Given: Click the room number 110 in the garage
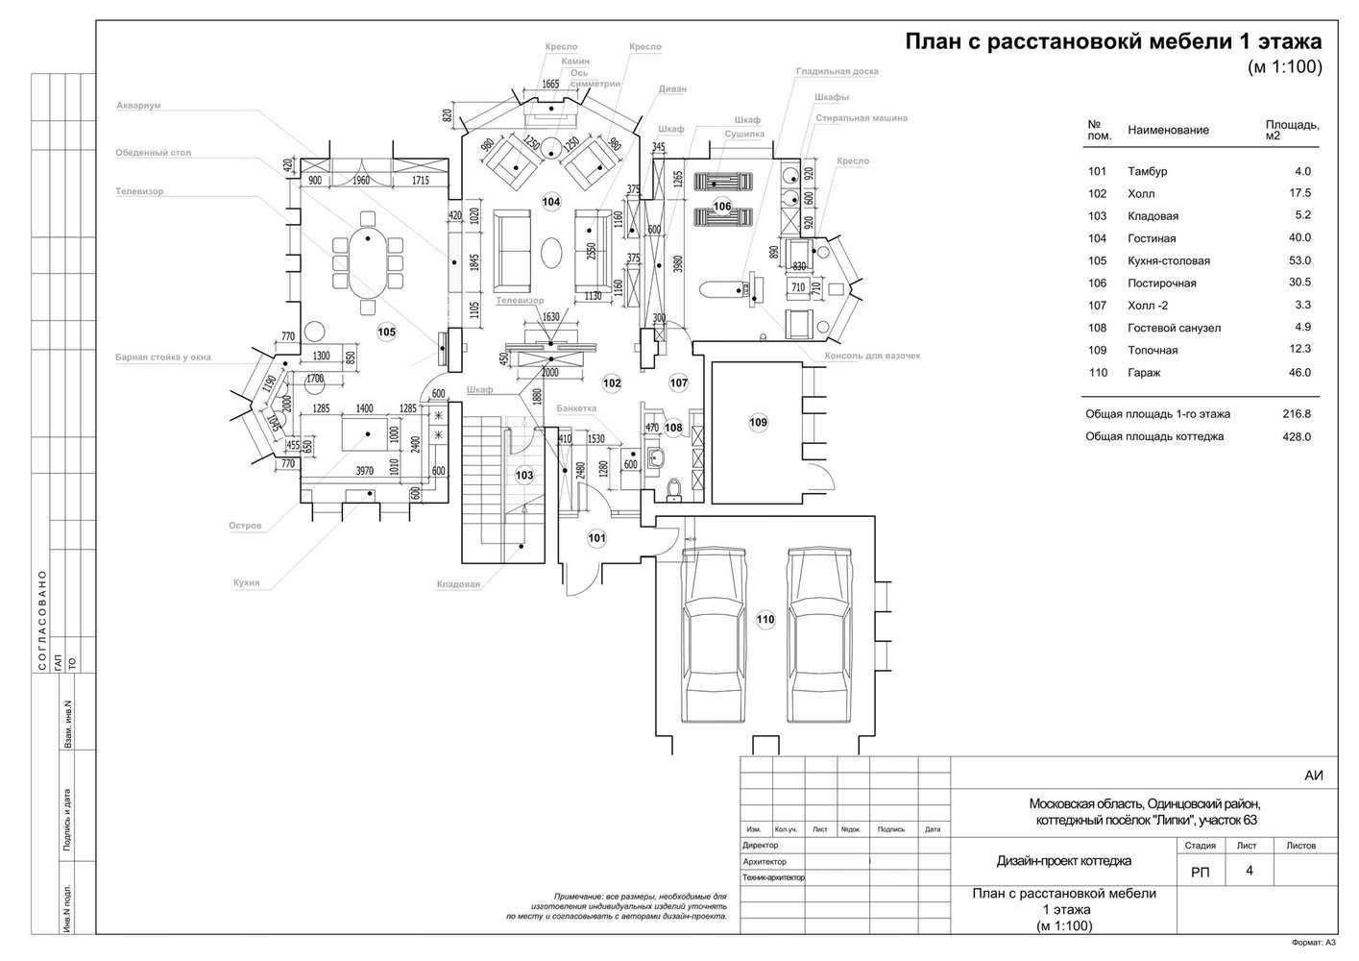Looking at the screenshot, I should pos(764,620).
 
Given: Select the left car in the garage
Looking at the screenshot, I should pos(713,635).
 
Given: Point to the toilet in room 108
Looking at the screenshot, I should pos(673,491).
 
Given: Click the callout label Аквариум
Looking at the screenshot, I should pos(138,106).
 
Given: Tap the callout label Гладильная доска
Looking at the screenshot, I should pos(837,71).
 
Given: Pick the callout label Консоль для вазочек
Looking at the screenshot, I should pos(872,356).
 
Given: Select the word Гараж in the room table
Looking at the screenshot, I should pos(1144,373).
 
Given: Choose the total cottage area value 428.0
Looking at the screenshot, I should pos(1296,436).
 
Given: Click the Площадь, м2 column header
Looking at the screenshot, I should pos(1292,130).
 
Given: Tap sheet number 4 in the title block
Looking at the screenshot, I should pos(1250,871).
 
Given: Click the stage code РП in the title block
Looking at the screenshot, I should pos(1201,872).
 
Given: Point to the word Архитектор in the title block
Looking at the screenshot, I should pos(764,862).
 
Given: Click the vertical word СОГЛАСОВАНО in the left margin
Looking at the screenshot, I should pos(41,611).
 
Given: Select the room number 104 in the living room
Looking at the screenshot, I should pos(551,202).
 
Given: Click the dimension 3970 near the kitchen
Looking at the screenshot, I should pos(364,471).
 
